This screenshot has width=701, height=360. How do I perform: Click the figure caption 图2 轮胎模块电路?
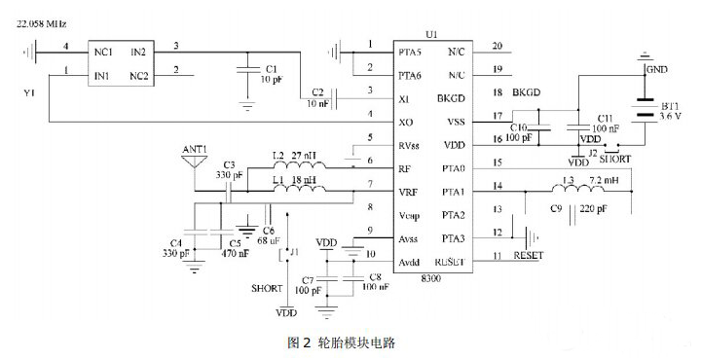pyautogui.click(x=342, y=342)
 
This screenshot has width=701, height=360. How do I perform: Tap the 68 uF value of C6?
pyautogui.click(x=268, y=238)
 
